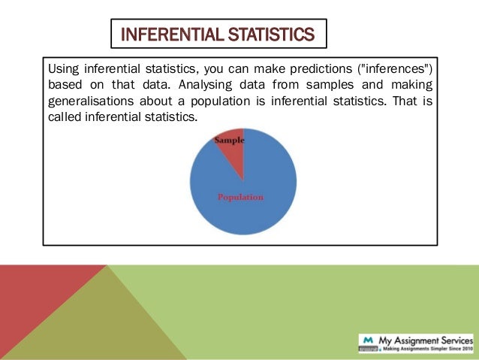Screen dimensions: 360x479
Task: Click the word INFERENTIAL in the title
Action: point(165,35)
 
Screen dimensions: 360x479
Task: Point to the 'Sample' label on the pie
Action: point(230,141)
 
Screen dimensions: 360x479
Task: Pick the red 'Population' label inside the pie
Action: point(240,197)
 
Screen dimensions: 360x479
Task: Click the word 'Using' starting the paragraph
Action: point(63,70)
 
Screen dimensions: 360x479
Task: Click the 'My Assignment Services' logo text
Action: point(424,338)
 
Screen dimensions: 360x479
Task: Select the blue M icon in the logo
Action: point(368,338)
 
